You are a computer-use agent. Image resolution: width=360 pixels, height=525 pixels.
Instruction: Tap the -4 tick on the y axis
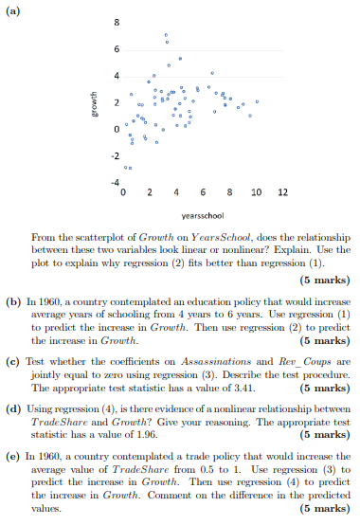[115, 180]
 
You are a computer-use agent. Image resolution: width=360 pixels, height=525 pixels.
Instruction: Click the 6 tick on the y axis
[117, 47]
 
